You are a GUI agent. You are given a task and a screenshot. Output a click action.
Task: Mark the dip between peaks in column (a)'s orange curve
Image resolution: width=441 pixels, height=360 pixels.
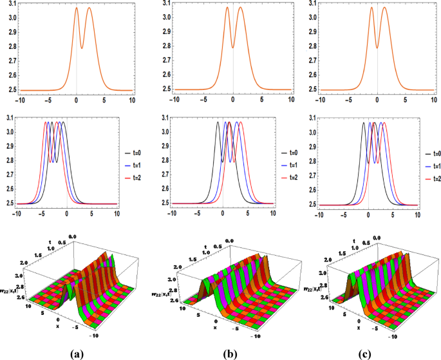(82, 48)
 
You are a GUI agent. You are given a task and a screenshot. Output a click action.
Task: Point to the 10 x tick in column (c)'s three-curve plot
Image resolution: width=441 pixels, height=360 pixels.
(417, 213)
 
